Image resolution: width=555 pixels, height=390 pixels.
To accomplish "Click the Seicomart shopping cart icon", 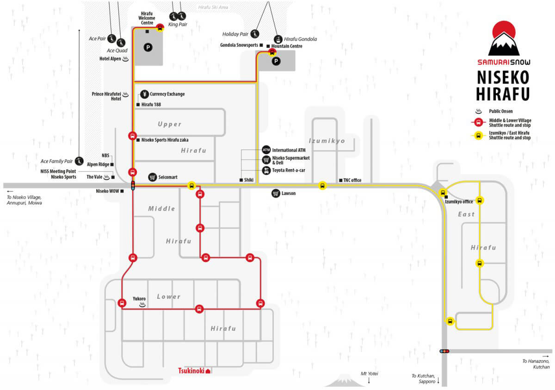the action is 152,177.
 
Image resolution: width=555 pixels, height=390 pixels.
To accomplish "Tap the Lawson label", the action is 289,193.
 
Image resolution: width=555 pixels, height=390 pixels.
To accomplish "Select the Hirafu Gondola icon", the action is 278,39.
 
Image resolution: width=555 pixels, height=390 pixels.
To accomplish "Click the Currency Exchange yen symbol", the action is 144,94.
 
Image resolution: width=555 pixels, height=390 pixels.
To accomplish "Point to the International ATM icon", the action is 266,150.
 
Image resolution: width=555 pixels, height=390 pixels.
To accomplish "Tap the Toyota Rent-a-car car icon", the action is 266,170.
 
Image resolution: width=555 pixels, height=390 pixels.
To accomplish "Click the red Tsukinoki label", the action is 191,371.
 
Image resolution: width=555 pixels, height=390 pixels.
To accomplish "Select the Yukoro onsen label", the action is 139,299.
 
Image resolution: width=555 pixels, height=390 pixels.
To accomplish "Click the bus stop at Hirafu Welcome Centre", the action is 160,28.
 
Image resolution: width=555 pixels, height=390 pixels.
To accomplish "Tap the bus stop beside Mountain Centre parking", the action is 272,53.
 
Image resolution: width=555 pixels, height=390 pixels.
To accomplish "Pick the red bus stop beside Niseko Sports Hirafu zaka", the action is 133,136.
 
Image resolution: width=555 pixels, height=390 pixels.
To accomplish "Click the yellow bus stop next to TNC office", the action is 322,186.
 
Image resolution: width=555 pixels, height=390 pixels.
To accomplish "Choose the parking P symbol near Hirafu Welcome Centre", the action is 148,47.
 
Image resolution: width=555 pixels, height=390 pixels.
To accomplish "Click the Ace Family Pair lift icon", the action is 79,161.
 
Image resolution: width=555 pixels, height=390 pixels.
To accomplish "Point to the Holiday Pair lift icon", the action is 254,34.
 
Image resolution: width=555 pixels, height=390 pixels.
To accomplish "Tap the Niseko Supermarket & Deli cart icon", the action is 266,160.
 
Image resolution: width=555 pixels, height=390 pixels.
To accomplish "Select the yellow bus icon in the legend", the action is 478,136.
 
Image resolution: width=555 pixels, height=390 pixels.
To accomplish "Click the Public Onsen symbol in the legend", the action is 478,111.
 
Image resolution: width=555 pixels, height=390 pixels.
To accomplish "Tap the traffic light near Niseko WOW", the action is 133,186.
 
